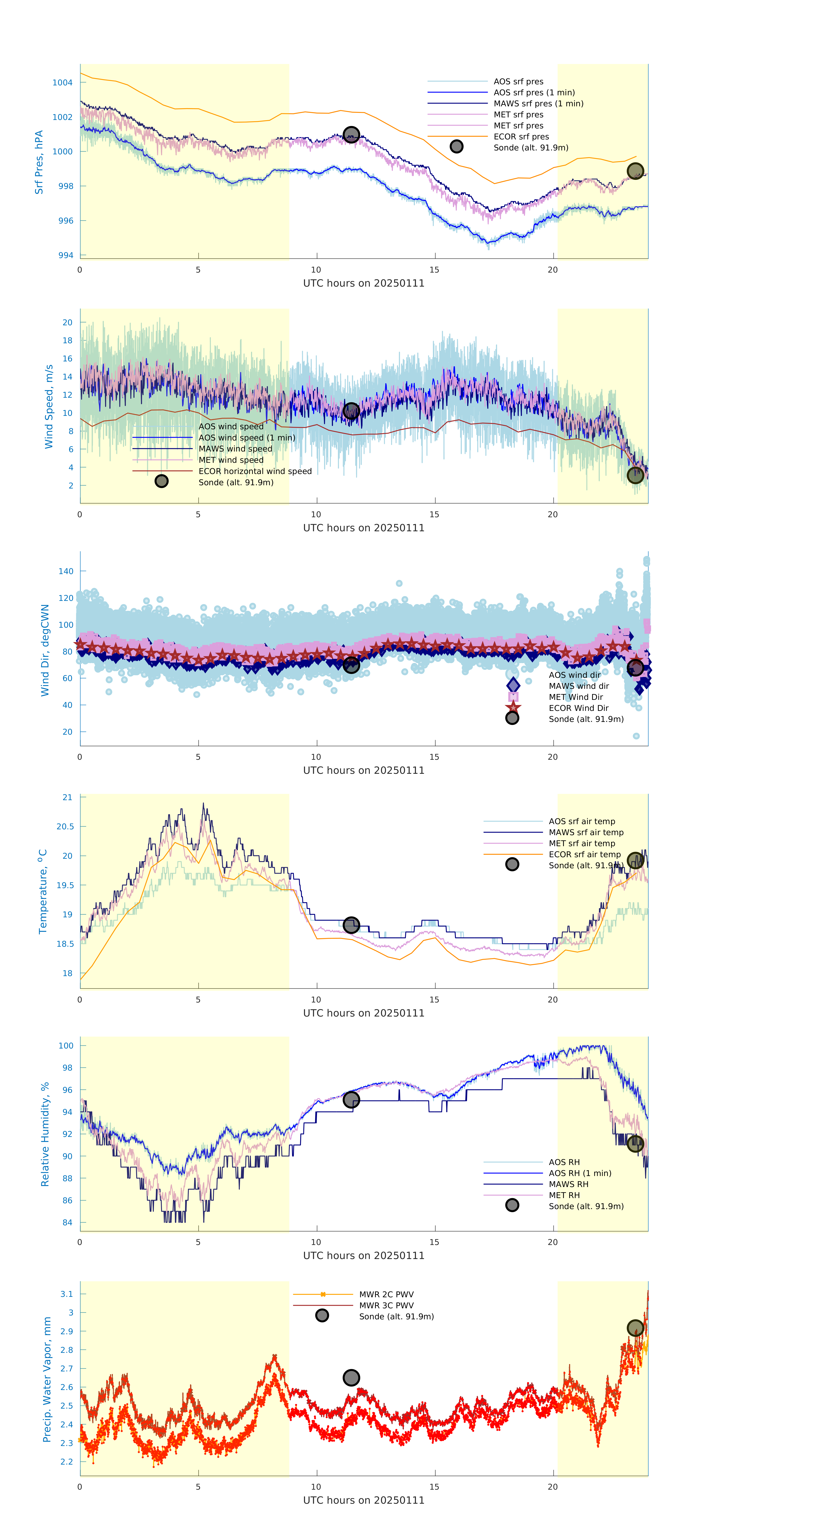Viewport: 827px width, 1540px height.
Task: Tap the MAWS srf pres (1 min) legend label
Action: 538,104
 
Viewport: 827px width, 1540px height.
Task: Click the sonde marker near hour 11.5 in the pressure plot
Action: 351,134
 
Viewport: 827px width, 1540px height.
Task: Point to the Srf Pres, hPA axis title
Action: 39,162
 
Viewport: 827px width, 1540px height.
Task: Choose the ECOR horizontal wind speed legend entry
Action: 255,471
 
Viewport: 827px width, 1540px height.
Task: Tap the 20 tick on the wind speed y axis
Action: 68,322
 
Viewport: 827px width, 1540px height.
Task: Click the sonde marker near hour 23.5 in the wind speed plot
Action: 635,475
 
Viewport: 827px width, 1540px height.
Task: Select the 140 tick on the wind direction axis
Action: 66,571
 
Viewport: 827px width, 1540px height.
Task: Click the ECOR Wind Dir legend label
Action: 578,708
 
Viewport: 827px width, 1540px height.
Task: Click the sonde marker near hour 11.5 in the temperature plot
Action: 351,926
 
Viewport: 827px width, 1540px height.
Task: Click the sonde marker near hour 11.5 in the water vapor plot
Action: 351,1377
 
